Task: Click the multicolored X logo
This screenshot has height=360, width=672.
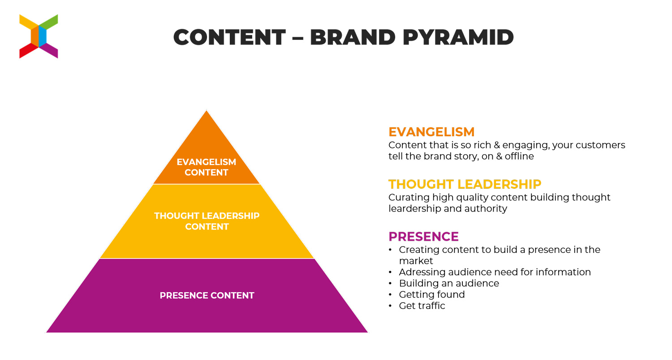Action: point(39,36)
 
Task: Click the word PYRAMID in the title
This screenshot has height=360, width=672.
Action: point(458,37)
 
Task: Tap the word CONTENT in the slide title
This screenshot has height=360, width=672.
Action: point(229,37)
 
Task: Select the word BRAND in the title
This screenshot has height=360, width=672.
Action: point(353,37)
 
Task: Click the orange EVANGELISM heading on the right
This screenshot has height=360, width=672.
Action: point(431,132)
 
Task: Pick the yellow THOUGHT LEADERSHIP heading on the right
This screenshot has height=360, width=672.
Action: point(465,184)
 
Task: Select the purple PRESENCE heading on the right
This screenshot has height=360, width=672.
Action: point(424,236)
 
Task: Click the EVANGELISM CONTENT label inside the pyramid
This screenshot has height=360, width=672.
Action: point(207,167)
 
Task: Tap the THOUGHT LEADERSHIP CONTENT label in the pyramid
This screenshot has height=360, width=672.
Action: point(207,221)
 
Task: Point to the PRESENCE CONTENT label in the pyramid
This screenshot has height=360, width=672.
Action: point(207,295)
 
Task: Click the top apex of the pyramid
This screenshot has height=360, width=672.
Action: point(207,110)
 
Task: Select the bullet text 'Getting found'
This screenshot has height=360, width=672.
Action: point(432,295)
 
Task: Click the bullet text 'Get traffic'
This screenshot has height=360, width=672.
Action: point(422,306)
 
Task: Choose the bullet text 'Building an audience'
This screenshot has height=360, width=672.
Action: point(449,283)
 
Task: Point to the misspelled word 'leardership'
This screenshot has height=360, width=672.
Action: point(414,208)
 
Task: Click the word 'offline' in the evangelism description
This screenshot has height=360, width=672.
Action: point(519,156)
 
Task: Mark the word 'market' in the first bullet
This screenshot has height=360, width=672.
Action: point(416,261)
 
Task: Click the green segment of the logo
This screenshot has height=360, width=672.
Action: point(48,22)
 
